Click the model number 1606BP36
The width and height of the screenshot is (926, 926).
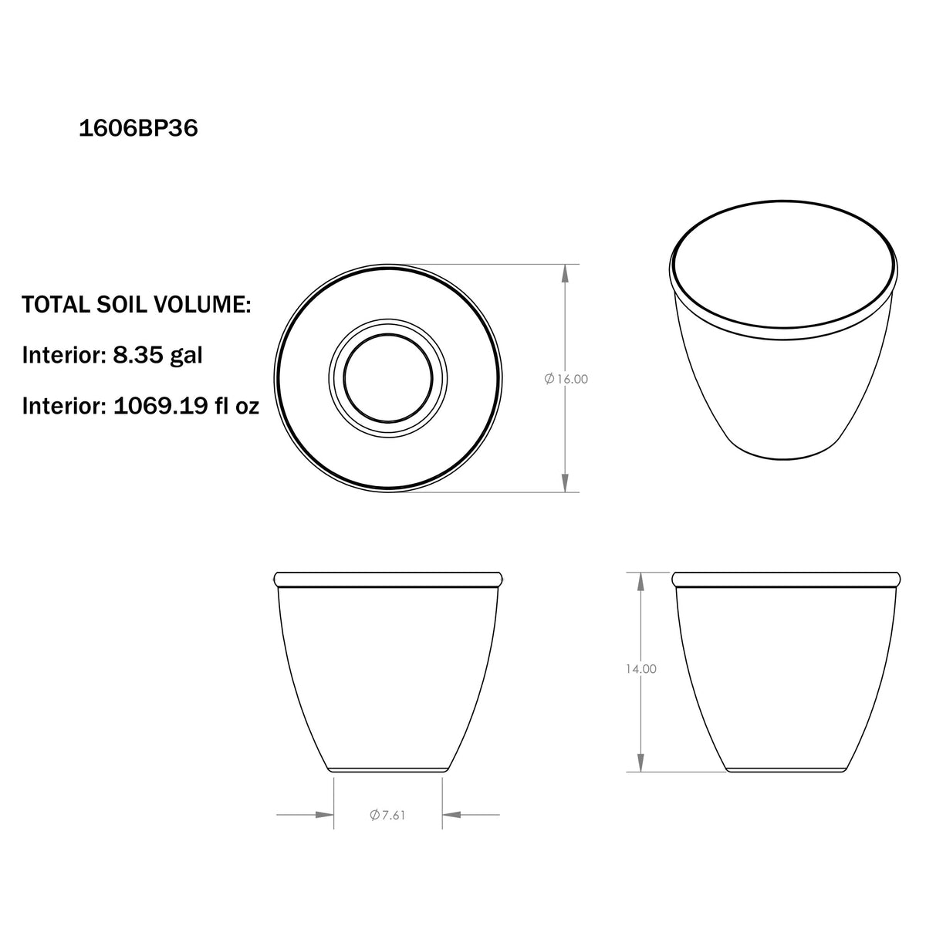point(138,128)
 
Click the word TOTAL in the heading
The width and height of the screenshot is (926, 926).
point(56,305)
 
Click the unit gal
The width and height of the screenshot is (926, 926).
point(185,357)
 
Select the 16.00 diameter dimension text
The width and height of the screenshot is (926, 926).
point(573,379)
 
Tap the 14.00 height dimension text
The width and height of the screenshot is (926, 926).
point(640,668)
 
